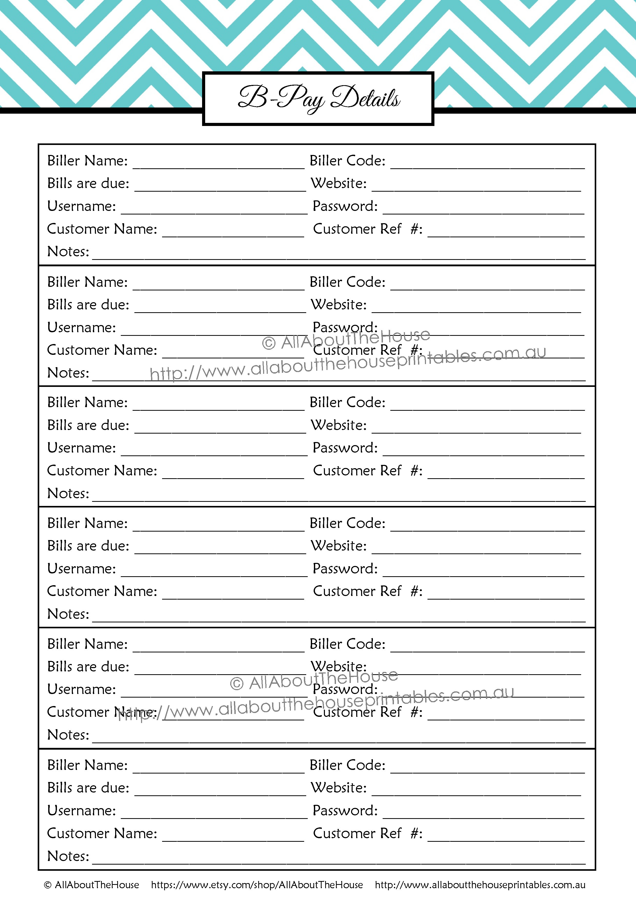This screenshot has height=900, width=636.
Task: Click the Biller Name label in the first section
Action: [87, 161]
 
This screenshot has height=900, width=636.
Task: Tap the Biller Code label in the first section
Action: [347, 161]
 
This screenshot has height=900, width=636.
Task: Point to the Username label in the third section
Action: [82, 448]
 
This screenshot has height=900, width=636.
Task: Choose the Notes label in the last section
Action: [68, 856]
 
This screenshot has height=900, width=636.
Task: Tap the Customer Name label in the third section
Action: [102, 470]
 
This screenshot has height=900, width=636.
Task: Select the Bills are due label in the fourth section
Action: [88, 546]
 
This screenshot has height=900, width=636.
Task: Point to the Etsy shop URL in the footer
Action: [257, 885]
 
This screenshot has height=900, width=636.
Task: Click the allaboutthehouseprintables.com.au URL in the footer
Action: [480, 885]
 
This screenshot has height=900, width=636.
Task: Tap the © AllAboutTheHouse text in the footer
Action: [91, 885]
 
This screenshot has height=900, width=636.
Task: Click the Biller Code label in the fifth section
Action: [347, 644]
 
